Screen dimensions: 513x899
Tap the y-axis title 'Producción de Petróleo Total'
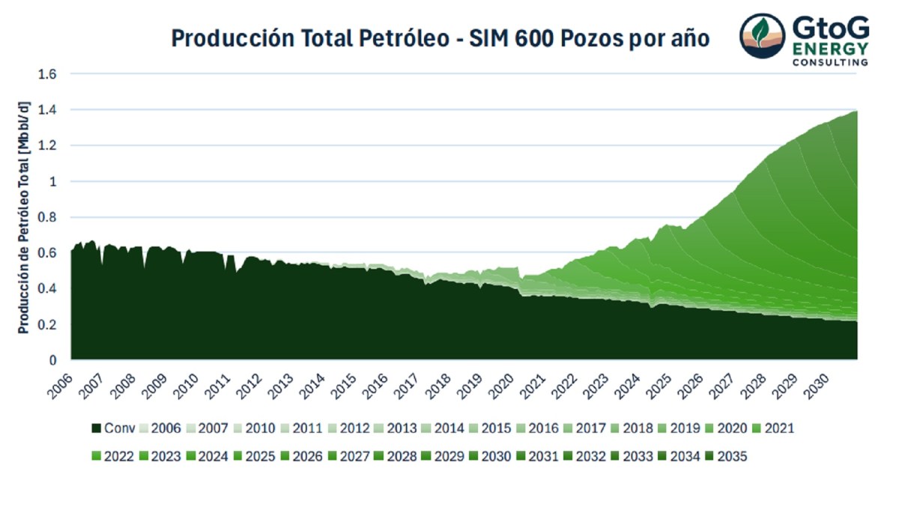tap(22, 217)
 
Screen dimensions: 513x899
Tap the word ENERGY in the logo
tap(831, 48)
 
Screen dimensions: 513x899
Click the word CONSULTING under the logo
tap(831, 62)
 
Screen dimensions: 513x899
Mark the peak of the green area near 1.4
tap(855, 112)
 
